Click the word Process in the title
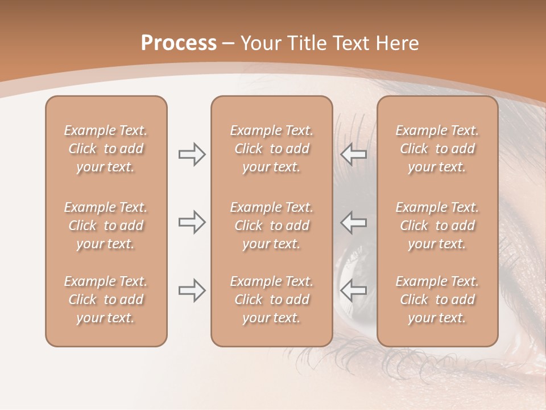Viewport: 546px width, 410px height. click(x=179, y=43)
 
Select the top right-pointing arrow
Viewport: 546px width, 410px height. click(x=192, y=154)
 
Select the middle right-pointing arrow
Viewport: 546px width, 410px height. click(x=192, y=222)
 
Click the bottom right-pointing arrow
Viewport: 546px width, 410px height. click(x=192, y=290)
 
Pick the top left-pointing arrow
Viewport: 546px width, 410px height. click(x=353, y=154)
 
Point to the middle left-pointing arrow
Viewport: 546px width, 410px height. click(x=353, y=222)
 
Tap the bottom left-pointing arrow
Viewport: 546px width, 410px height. click(x=353, y=290)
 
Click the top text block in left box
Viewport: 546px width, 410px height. click(x=106, y=149)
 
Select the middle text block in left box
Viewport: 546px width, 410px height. click(x=106, y=225)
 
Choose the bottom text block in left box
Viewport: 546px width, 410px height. click(x=106, y=300)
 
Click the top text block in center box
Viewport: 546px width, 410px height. click(x=271, y=149)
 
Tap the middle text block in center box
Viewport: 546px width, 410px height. click(x=271, y=225)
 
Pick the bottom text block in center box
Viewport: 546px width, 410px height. click(x=271, y=300)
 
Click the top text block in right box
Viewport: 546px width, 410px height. click(x=437, y=149)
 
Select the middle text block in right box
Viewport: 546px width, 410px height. click(x=437, y=225)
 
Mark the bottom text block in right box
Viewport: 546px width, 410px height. click(x=437, y=300)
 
